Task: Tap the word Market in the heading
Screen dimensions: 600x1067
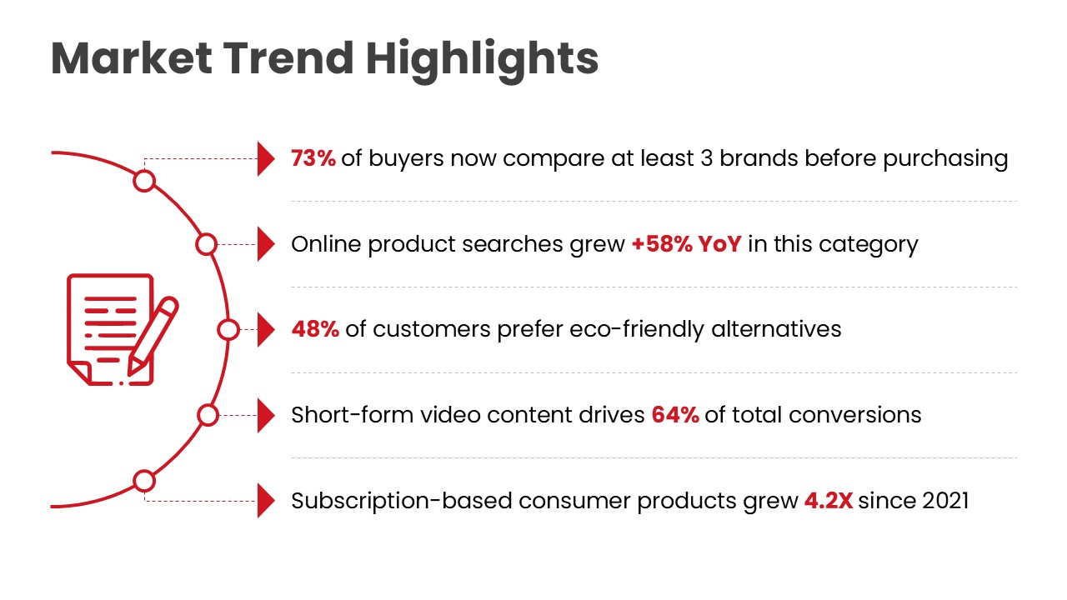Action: (132, 58)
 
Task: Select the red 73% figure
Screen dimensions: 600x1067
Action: (313, 158)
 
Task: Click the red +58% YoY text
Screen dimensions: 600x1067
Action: (686, 244)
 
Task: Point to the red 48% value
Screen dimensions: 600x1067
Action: (315, 329)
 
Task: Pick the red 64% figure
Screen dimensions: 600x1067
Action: (675, 414)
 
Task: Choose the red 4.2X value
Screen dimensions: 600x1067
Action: (828, 501)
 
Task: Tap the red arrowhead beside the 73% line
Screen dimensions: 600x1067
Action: (266, 158)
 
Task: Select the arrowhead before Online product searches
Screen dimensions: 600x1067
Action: (266, 244)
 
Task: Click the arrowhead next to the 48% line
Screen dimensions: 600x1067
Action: (266, 329)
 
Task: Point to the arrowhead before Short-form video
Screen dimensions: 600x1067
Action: (266, 415)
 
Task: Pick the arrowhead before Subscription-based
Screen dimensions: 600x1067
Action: (266, 501)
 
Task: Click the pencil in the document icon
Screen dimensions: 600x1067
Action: (154, 334)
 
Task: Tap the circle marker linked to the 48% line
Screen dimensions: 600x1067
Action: (228, 330)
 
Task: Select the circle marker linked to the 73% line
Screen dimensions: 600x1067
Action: (145, 181)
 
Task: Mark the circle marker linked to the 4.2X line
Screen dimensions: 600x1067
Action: (145, 481)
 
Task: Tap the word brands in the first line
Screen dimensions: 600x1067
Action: (759, 158)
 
